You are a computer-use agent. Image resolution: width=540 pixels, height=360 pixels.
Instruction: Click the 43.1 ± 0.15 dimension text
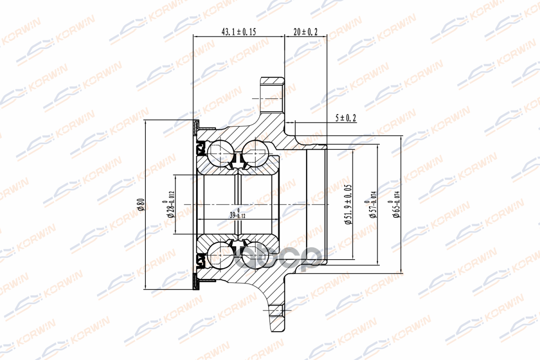[238, 31]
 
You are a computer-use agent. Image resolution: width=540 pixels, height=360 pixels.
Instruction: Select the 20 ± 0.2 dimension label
[306, 31]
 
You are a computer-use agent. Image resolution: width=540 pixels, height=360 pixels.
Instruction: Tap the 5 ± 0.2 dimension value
[346, 118]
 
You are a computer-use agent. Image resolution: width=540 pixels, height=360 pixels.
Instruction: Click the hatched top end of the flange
[273, 83]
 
